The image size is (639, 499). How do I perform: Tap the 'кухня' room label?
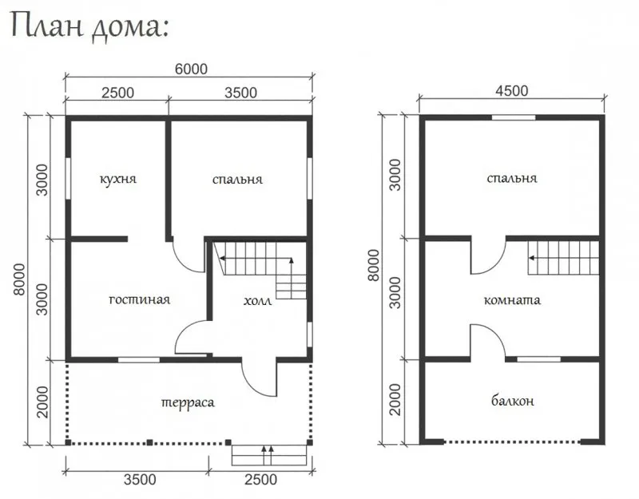click(x=117, y=179)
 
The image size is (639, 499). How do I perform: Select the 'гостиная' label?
click(x=139, y=300)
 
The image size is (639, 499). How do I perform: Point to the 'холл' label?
click(x=257, y=301)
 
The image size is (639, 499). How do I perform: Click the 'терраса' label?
click(x=188, y=403)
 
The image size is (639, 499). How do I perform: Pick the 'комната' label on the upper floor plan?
click(x=512, y=300)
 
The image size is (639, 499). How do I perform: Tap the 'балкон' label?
click(x=512, y=402)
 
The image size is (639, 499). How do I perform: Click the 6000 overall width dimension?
click(x=191, y=69)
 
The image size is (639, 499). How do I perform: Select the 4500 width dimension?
click(x=512, y=90)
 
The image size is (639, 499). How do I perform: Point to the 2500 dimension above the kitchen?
click(x=117, y=93)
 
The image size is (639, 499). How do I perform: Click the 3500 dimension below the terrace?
click(x=140, y=480)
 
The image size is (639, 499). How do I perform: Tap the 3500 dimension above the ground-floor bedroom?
click(x=241, y=93)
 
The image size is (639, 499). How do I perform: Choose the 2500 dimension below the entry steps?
click(x=261, y=480)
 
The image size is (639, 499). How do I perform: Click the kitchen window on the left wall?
click(x=68, y=178)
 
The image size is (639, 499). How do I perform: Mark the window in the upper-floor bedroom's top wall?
click(x=514, y=117)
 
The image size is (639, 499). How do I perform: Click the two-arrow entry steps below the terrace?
click(x=269, y=455)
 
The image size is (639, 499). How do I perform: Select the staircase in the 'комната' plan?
click(x=564, y=258)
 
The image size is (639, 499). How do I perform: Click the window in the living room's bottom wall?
click(x=139, y=360)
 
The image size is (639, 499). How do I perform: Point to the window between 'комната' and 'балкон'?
click(x=538, y=359)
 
